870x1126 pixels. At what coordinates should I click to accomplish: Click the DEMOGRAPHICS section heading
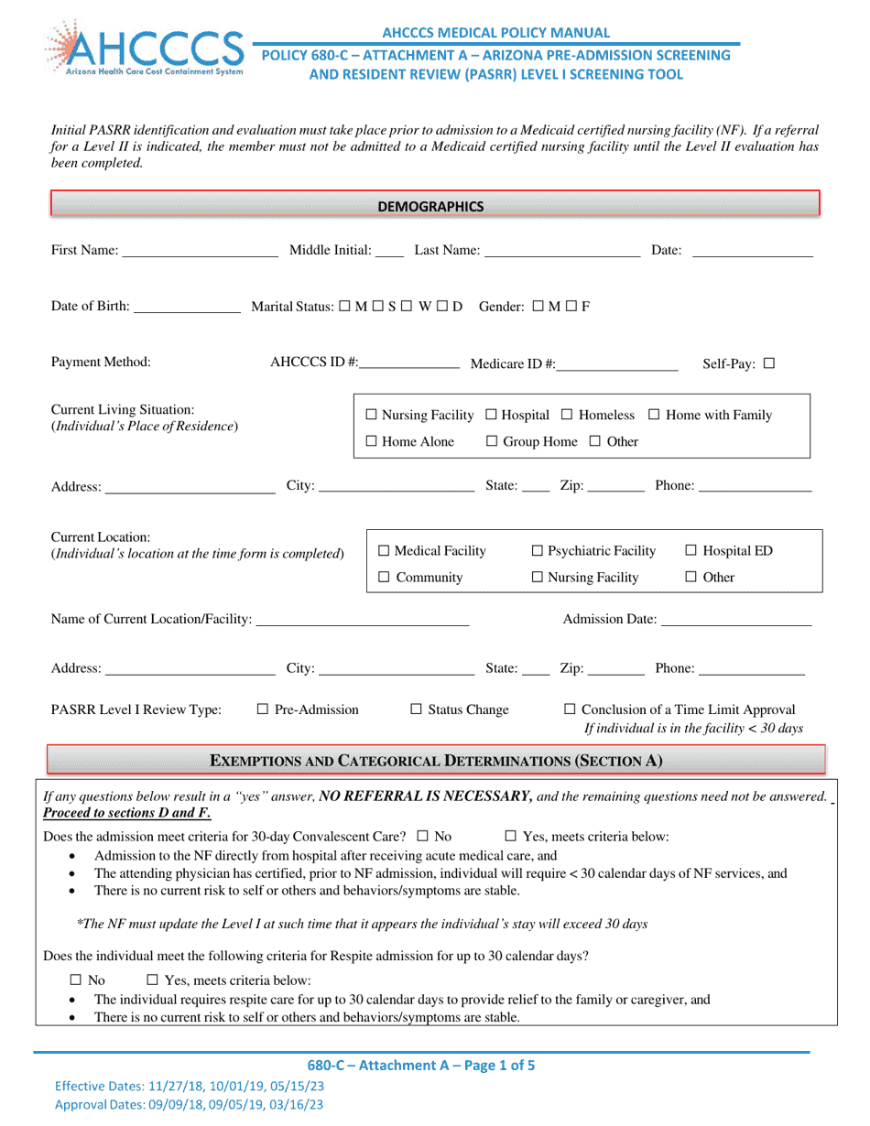[x=430, y=206]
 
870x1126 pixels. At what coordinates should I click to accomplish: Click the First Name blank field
[x=200, y=253]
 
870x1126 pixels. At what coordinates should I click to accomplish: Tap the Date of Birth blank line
[x=186, y=308]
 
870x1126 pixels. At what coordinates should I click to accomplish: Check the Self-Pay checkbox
[x=768, y=363]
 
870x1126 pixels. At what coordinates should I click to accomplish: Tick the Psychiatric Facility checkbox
[x=538, y=551]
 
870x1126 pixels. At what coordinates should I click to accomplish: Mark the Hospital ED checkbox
[x=691, y=551]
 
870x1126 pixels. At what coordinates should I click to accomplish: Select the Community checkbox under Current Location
[x=385, y=578]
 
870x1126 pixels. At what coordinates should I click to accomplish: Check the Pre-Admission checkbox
[x=262, y=709]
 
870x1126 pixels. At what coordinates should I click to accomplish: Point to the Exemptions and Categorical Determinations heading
[x=437, y=761]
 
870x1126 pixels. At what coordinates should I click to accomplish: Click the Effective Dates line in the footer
[x=189, y=1086]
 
